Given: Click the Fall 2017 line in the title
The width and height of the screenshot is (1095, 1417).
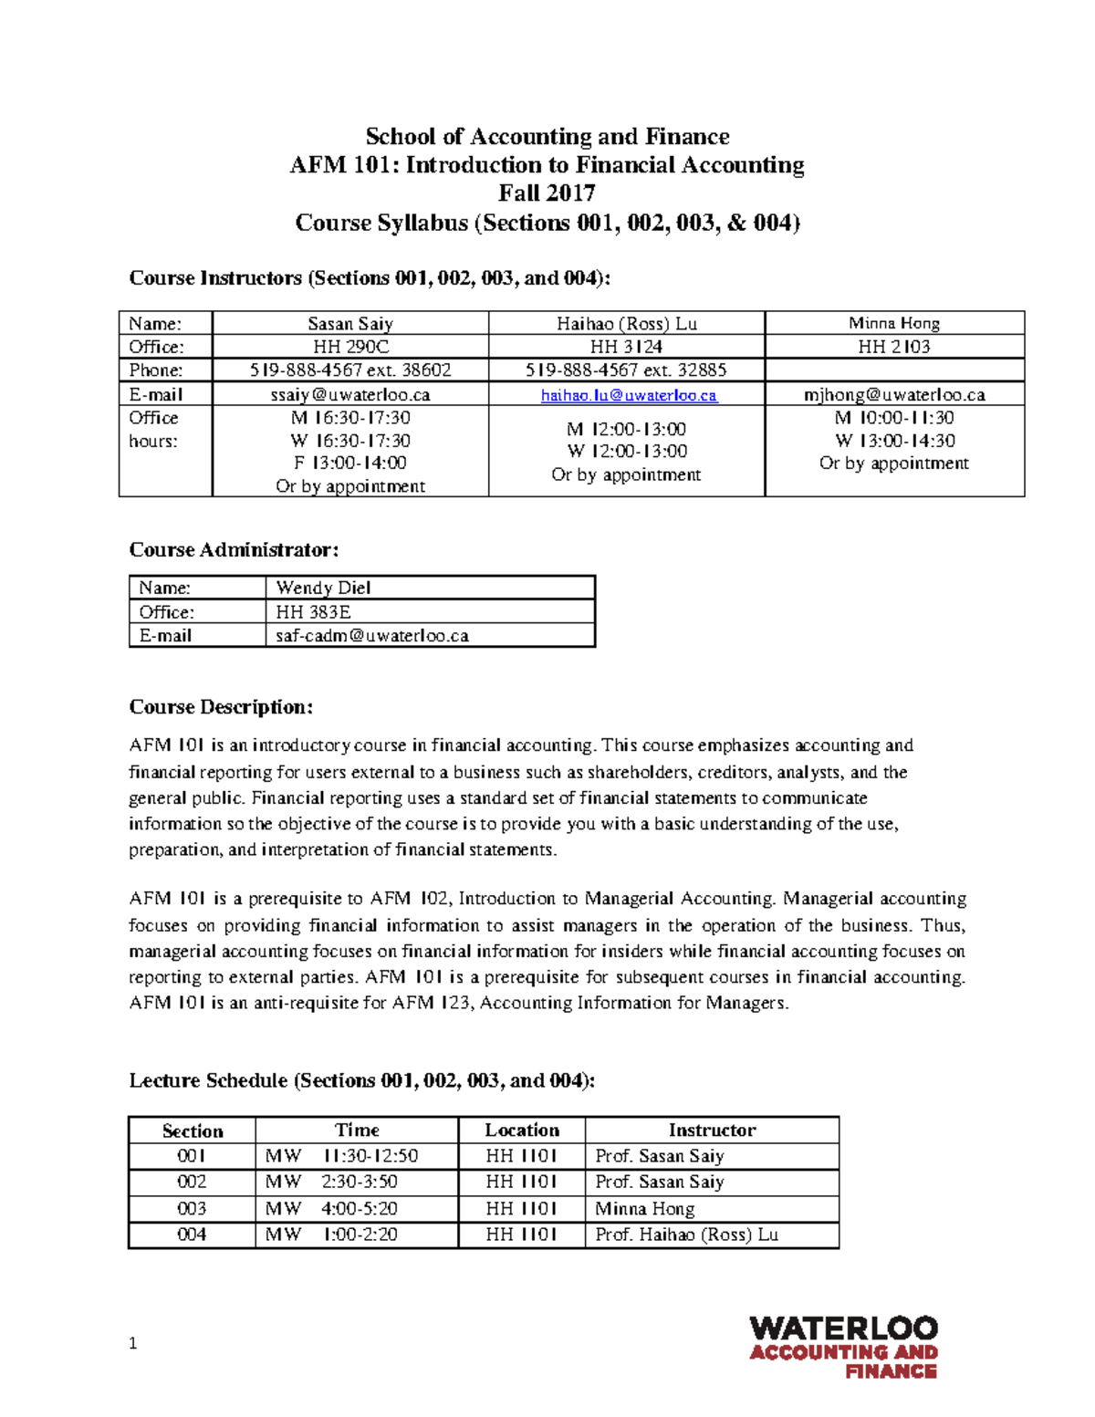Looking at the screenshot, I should [x=547, y=193].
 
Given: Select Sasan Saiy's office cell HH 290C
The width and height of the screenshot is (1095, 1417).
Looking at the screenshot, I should [x=350, y=347].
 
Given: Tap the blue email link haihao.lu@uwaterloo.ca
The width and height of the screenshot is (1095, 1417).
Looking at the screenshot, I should [x=628, y=395].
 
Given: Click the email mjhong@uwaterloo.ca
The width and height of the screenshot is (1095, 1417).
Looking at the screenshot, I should [x=893, y=395].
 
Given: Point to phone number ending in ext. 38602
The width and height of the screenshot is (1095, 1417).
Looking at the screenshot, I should [x=350, y=370].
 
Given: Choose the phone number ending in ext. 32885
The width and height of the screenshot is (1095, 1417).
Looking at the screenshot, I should [x=626, y=370].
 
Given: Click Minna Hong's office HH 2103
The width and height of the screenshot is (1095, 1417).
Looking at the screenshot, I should [x=893, y=347].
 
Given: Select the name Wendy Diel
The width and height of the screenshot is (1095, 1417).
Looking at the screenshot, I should [x=323, y=589].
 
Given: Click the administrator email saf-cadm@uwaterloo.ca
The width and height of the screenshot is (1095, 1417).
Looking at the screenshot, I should [x=372, y=636].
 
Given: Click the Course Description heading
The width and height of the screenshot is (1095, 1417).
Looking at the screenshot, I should [x=221, y=707].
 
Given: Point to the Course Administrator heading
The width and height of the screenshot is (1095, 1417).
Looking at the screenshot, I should [x=234, y=550].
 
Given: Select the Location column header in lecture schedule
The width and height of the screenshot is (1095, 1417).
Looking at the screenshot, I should [x=521, y=1130].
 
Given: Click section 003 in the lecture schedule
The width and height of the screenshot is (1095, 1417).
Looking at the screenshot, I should [x=192, y=1209].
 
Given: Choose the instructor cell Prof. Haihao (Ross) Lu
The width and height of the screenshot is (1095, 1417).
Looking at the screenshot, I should [x=686, y=1235].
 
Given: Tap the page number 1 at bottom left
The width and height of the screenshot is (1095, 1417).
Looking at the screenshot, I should [x=133, y=1343].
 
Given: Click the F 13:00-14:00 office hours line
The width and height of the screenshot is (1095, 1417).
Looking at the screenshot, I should [x=350, y=464].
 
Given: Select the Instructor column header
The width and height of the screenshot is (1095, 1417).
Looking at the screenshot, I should [x=712, y=1130].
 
